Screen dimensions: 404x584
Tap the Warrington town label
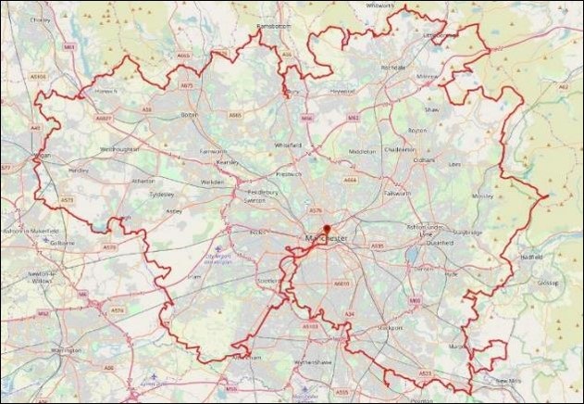tap(66, 351)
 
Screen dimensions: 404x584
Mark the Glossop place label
tap(545, 281)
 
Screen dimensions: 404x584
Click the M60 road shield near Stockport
tap(415, 300)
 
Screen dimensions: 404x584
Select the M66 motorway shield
tap(306, 117)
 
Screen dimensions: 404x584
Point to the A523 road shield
tap(425, 373)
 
